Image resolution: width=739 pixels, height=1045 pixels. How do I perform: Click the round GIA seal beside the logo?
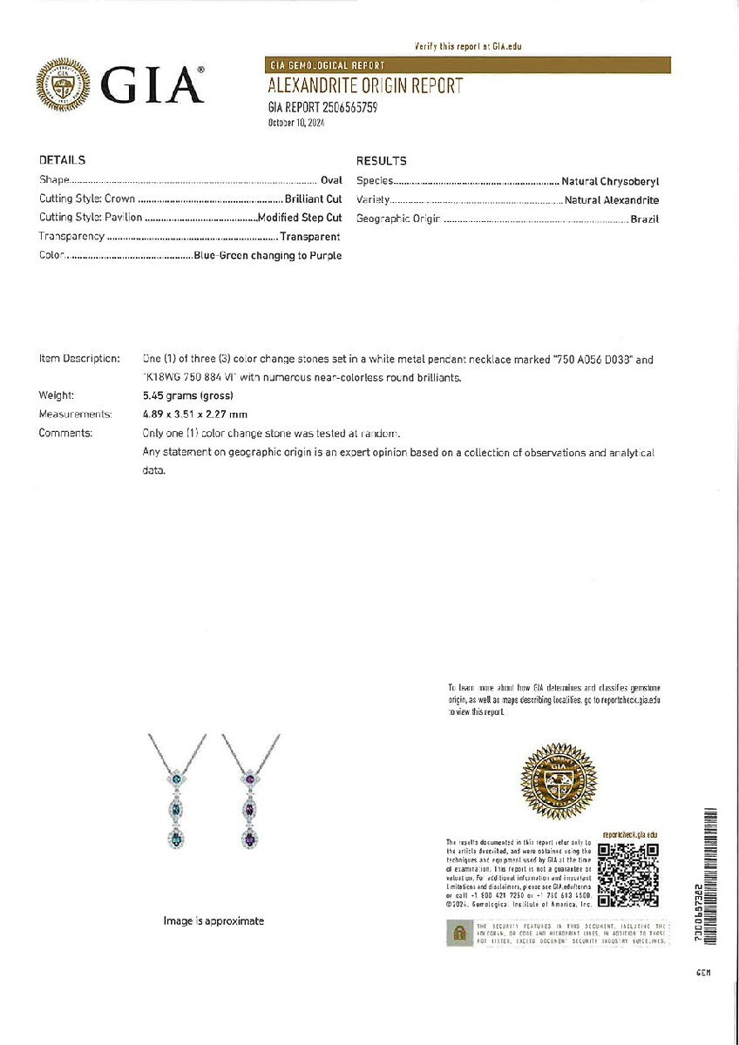pos(63,86)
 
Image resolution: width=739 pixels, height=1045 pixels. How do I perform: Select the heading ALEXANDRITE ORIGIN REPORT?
pos(365,86)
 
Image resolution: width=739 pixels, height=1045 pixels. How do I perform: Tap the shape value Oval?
pos(331,180)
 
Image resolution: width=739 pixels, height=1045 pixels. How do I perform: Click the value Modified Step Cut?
pos(300,218)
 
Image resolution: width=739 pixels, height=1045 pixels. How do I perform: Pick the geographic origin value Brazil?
pos(645,219)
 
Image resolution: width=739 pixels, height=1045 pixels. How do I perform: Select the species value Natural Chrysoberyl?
pos(610,181)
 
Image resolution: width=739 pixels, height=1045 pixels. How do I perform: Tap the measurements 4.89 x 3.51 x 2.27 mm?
pos(195,415)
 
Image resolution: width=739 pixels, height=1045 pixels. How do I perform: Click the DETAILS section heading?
pos(62,160)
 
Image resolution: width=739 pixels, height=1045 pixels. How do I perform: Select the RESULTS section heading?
pos(381,161)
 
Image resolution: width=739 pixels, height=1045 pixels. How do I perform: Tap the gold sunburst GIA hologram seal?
pos(558,781)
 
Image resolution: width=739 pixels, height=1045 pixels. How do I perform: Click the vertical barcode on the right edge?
pos(709,876)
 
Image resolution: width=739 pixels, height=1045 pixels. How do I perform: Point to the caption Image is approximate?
pos(214,920)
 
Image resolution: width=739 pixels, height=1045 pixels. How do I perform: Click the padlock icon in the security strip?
pos(458,934)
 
